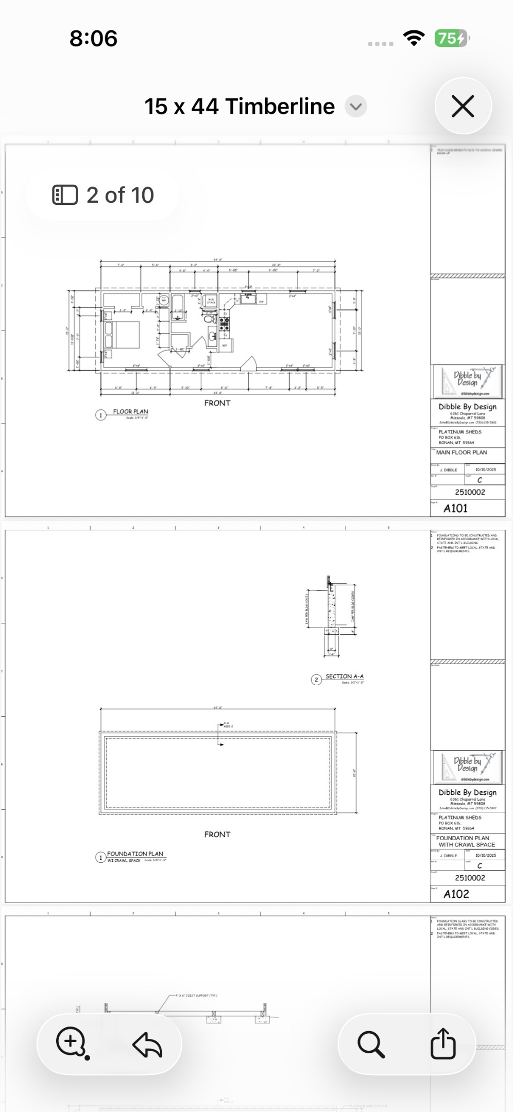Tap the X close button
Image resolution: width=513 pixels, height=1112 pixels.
(463, 107)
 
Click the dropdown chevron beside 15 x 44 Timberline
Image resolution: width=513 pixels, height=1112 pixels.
(355, 107)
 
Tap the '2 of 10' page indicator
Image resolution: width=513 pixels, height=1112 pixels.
(103, 195)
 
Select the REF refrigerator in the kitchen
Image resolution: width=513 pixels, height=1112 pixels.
(225, 345)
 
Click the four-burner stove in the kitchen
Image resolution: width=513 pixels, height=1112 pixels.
(225, 324)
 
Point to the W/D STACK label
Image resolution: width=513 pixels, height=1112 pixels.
(211, 301)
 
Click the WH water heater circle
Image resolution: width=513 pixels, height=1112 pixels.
(164, 300)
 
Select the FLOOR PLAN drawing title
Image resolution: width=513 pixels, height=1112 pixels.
(130, 412)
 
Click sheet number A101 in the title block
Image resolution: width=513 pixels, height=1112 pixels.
(456, 509)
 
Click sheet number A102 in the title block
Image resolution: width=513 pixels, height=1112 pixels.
(456, 894)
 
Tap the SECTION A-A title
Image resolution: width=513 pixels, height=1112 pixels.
(344, 676)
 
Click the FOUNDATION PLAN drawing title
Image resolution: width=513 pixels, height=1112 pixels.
(135, 854)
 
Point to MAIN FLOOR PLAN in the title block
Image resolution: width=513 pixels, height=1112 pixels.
(461, 453)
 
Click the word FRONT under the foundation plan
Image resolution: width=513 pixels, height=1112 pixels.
(217, 835)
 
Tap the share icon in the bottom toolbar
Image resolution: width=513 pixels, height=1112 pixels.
(443, 1044)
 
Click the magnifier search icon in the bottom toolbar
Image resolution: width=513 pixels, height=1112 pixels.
(371, 1044)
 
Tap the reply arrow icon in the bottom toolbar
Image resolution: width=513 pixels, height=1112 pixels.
(147, 1045)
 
